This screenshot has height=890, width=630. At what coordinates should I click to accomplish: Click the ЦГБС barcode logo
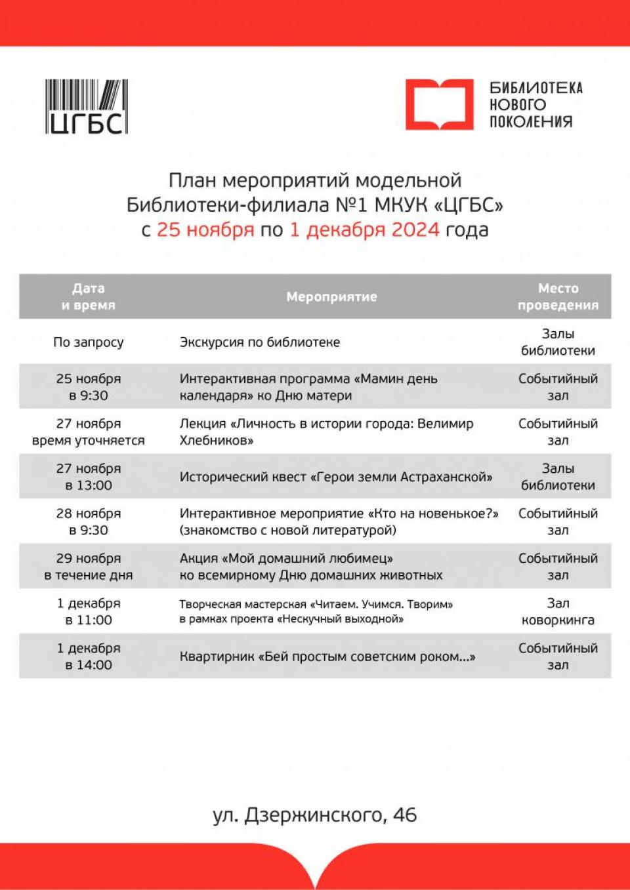(x=86, y=107)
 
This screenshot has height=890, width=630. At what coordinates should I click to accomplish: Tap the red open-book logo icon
(x=438, y=104)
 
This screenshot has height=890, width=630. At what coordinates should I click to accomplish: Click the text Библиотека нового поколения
(x=535, y=105)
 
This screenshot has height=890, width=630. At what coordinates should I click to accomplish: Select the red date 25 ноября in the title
(x=205, y=230)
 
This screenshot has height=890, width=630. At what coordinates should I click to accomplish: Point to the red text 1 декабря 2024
(x=364, y=230)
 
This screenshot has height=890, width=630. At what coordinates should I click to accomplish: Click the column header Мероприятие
(x=331, y=296)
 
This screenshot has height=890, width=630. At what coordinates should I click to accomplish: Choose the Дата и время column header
(x=88, y=296)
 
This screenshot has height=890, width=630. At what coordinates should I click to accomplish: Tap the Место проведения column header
(x=558, y=296)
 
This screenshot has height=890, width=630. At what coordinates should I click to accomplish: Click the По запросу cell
(x=88, y=342)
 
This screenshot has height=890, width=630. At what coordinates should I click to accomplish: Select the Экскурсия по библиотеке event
(x=260, y=342)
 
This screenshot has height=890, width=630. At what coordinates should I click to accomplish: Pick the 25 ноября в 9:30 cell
(x=88, y=387)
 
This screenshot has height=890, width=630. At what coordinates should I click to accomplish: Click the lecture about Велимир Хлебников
(x=326, y=432)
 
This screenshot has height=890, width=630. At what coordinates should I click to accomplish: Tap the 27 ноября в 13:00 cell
(x=88, y=477)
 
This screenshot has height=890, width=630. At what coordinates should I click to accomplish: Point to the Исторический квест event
(x=336, y=477)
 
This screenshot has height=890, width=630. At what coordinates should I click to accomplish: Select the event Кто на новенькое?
(x=339, y=521)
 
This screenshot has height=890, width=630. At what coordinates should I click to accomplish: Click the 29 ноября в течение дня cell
(x=88, y=567)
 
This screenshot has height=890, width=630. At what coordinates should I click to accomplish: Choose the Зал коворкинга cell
(x=558, y=611)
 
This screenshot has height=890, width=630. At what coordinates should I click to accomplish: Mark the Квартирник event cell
(x=327, y=657)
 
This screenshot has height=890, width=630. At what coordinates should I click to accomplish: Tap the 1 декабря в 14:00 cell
(x=88, y=657)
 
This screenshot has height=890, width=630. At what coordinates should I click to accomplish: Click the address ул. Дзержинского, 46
(x=315, y=815)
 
